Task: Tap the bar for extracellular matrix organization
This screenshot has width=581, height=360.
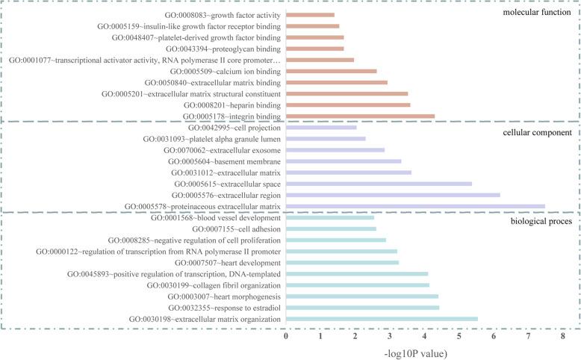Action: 382,319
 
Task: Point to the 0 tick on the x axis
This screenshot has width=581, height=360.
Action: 286,337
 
